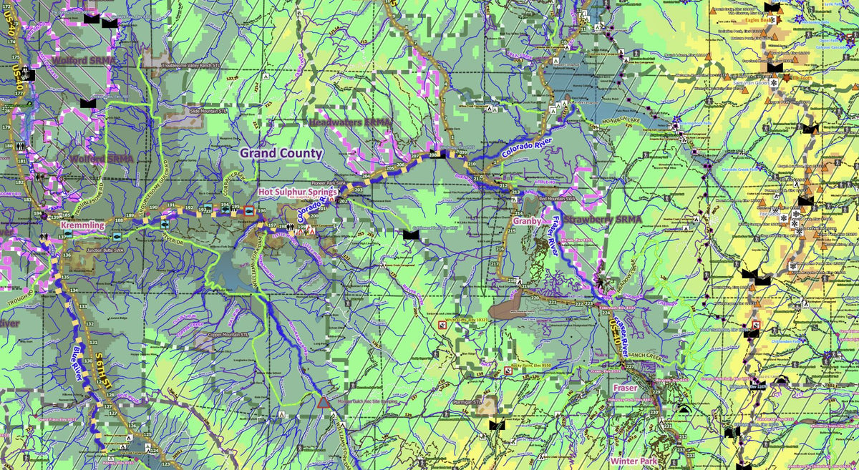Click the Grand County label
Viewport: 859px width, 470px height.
pyautogui.click(x=281, y=153)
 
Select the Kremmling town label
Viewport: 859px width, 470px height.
pyautogui.click(x=83, y=225)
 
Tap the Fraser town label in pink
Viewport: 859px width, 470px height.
pyautogui.click(x=624, y=387)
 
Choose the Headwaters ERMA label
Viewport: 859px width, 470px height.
pyautogui.click(x=351, y=123)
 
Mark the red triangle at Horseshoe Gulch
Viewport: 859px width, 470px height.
pyautogui.click(x=324, y=403)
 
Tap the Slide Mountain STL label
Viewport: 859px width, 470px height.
pyautogui.click(x=208, y=111)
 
